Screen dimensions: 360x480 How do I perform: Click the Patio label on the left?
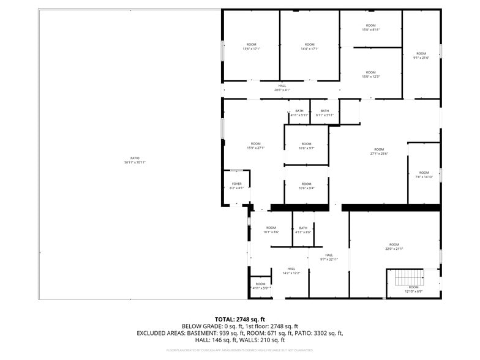click(x=135, y=160)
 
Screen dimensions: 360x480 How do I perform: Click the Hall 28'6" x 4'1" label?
click(x=282, y=88)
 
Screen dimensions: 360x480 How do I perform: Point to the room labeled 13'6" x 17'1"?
click(x=251, y=47)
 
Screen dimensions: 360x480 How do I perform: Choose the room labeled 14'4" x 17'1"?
click(x=309, y=47)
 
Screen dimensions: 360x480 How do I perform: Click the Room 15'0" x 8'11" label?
click(x=370, y=28)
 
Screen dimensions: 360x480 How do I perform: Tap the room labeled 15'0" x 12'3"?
click(x=370, y=74)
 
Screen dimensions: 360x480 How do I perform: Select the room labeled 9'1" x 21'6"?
click(x=421, y=55)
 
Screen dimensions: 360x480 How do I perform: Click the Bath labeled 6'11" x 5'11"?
click(x=324, y=113)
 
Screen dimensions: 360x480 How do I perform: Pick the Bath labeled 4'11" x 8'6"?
click(x=303, y=230)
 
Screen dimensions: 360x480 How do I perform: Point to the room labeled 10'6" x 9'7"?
click(x=306, y=146)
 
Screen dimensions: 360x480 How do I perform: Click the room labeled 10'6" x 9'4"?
click(x=306, y=186)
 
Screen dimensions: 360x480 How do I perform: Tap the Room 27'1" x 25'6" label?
click(x=379, y=151)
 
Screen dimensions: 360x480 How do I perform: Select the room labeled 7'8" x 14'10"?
click(x=424, y=174)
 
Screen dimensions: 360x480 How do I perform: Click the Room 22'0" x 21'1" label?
click(x=394, y=246)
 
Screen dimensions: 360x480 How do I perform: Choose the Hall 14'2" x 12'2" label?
click(x=291, y=271)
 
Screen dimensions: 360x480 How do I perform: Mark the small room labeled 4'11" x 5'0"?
click(x=260, y=286)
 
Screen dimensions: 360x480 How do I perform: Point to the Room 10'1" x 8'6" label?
click(x=271, y=230)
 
